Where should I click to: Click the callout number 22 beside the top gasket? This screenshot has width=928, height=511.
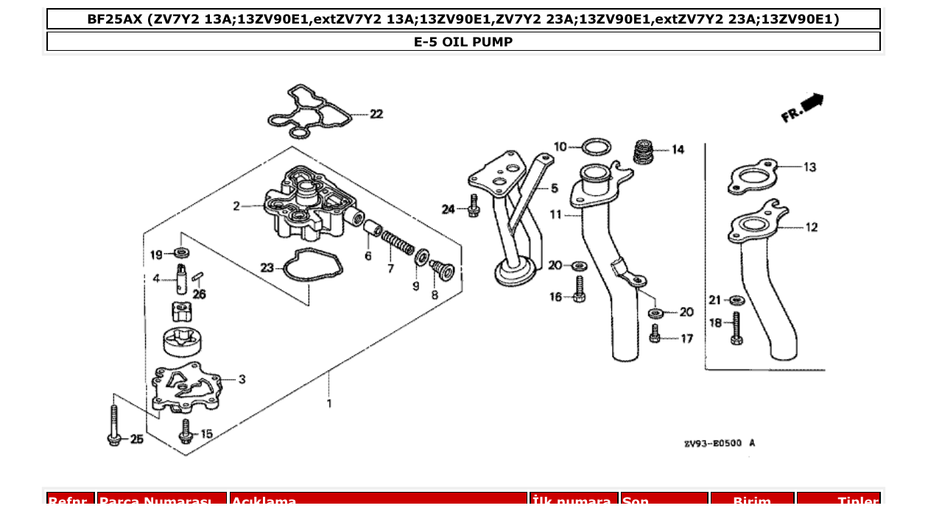376,114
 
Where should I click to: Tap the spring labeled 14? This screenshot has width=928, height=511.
644,152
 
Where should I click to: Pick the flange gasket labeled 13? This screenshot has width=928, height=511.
753,177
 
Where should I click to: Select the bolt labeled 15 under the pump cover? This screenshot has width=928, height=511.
186,431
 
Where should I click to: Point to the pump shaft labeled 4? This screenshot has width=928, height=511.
181,278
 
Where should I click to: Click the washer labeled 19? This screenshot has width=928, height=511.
181,254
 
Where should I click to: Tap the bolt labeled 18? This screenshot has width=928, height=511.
735,328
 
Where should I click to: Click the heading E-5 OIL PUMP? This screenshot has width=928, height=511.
463,42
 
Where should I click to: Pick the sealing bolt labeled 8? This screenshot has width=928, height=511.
443,270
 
